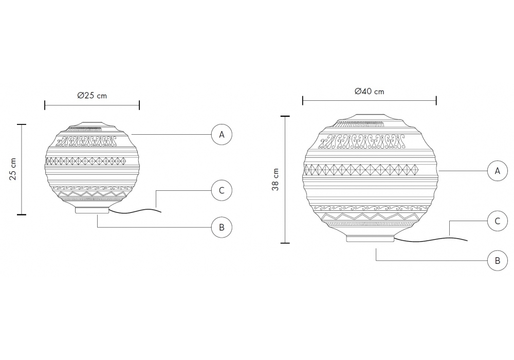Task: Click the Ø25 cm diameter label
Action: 92,96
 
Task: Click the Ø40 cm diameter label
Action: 370,91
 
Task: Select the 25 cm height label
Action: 13,169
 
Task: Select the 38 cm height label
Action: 276,179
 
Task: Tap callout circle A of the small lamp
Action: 222,134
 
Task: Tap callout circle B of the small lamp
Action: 222,227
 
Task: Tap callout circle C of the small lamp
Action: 222,190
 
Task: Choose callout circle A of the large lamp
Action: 498,171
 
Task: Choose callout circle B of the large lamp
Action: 498,261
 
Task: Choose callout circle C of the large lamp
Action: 498,221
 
